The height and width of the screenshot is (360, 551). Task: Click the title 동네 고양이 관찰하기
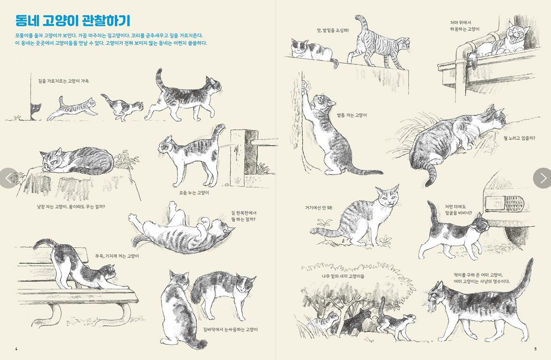coord(73,21)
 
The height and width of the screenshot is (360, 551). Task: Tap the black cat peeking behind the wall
coord(35,111)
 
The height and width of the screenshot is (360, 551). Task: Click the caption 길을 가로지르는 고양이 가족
coord(63,81)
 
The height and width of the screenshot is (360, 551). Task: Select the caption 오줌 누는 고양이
coord(194,193)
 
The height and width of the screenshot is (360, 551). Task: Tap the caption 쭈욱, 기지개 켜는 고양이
coord(117,256)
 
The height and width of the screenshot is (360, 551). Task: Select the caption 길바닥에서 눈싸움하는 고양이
coord(230,329)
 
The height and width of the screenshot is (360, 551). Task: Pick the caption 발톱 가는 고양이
coord(352,115)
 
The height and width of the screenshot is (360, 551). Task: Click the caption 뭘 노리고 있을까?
coord(519,138)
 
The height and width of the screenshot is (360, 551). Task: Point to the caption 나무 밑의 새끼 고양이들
coord(343,276)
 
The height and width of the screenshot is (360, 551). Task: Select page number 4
coord(16,349)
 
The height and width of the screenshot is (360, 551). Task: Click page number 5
coord(535,349)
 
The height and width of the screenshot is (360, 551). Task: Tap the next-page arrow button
coord(542,178)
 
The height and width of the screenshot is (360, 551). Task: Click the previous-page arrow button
coord(9,178)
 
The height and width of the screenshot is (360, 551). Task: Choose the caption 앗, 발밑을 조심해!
coord(333,31)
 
